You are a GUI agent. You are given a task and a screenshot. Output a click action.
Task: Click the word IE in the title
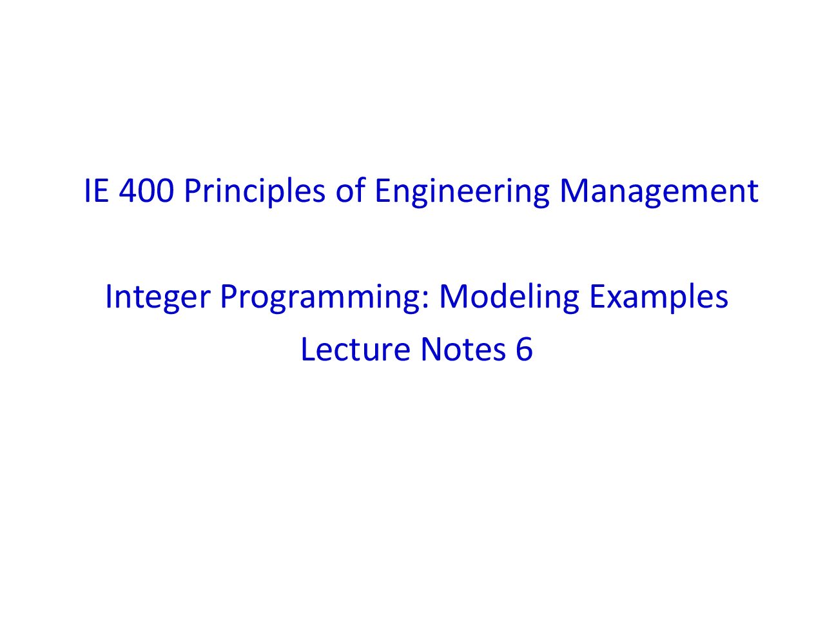(x=97, y=191)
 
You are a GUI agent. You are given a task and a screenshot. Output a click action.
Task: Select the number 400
(x=146, y=191)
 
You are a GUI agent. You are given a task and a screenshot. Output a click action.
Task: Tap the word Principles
(x=255, y=192)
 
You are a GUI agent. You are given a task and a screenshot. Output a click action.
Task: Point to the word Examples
(x=659, y=297)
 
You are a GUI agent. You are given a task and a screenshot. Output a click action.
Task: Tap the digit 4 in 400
(x=128, y=191)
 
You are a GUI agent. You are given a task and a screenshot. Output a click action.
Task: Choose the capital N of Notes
(x=431, y=349)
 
